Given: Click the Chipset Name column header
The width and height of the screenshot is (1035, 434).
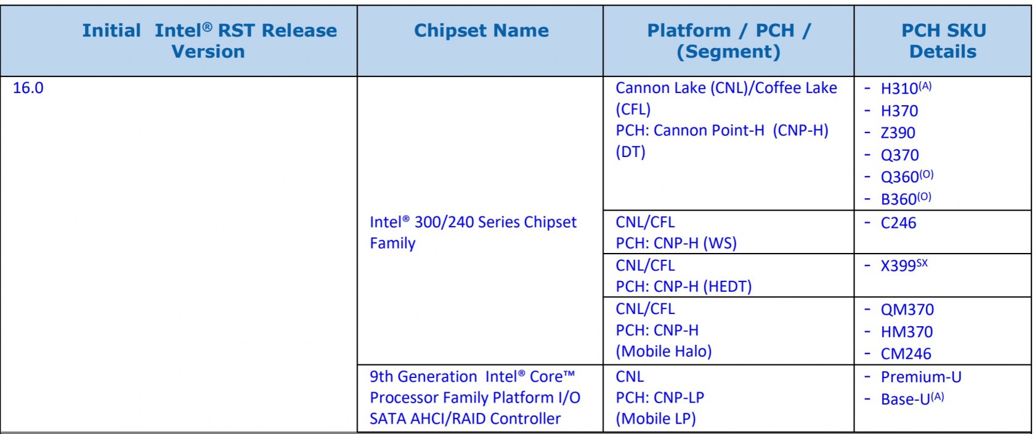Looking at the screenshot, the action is click(x=481, y=31).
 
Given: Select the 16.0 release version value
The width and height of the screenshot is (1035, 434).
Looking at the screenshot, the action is click(x=28, y=87).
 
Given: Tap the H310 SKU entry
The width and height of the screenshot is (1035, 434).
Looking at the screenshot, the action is click(x=906, y=87).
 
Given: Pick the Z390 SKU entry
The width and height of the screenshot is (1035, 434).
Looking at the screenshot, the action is click(x=898, y=132).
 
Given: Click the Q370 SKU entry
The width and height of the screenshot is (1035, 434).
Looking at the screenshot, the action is click(x=899, y=155).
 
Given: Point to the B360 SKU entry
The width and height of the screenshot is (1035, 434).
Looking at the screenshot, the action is click(x=906, y=198).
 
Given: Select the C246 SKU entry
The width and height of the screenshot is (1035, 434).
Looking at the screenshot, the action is click(x=898, y=223).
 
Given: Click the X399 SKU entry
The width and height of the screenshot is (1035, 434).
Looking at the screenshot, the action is click(x=904, y=265).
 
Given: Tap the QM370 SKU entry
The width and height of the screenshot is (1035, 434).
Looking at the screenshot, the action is click(x=907, y=309).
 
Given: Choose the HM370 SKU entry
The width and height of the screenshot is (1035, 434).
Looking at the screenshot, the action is click(x=907, y=331).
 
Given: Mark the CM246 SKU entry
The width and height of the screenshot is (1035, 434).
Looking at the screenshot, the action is click(x=906, y=353).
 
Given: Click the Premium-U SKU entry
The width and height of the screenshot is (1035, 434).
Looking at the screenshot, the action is click(x=921, y=377).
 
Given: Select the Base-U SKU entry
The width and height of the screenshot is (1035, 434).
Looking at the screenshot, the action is click(x=912, y=398).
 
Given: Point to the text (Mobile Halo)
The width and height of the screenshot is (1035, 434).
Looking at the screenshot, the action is click(x=664, y=352).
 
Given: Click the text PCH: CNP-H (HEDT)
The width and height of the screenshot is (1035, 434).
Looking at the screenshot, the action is click(x=683, y=286).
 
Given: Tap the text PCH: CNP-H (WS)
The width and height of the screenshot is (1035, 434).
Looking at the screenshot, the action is click(x=676, y=243).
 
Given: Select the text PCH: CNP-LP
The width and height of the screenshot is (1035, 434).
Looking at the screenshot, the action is click(x=660, y=398).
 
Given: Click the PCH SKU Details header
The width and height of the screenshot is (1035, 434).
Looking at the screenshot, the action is click(x=943, y=41).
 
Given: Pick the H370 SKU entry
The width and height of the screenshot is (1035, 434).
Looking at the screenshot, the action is click(x=899, y=111).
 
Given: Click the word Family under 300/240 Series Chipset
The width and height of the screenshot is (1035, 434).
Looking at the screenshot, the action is click(x=392, y=243).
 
